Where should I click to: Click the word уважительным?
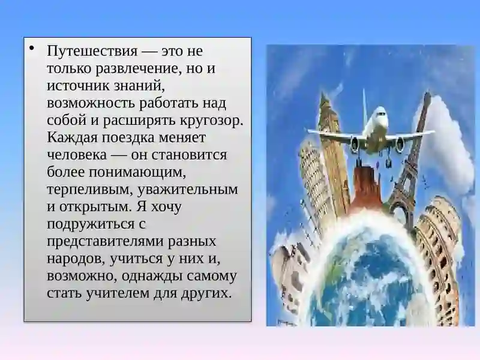pyautogui.click(x=188, y=190)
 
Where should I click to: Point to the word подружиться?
pyautogui.click(x=91, y=224)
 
